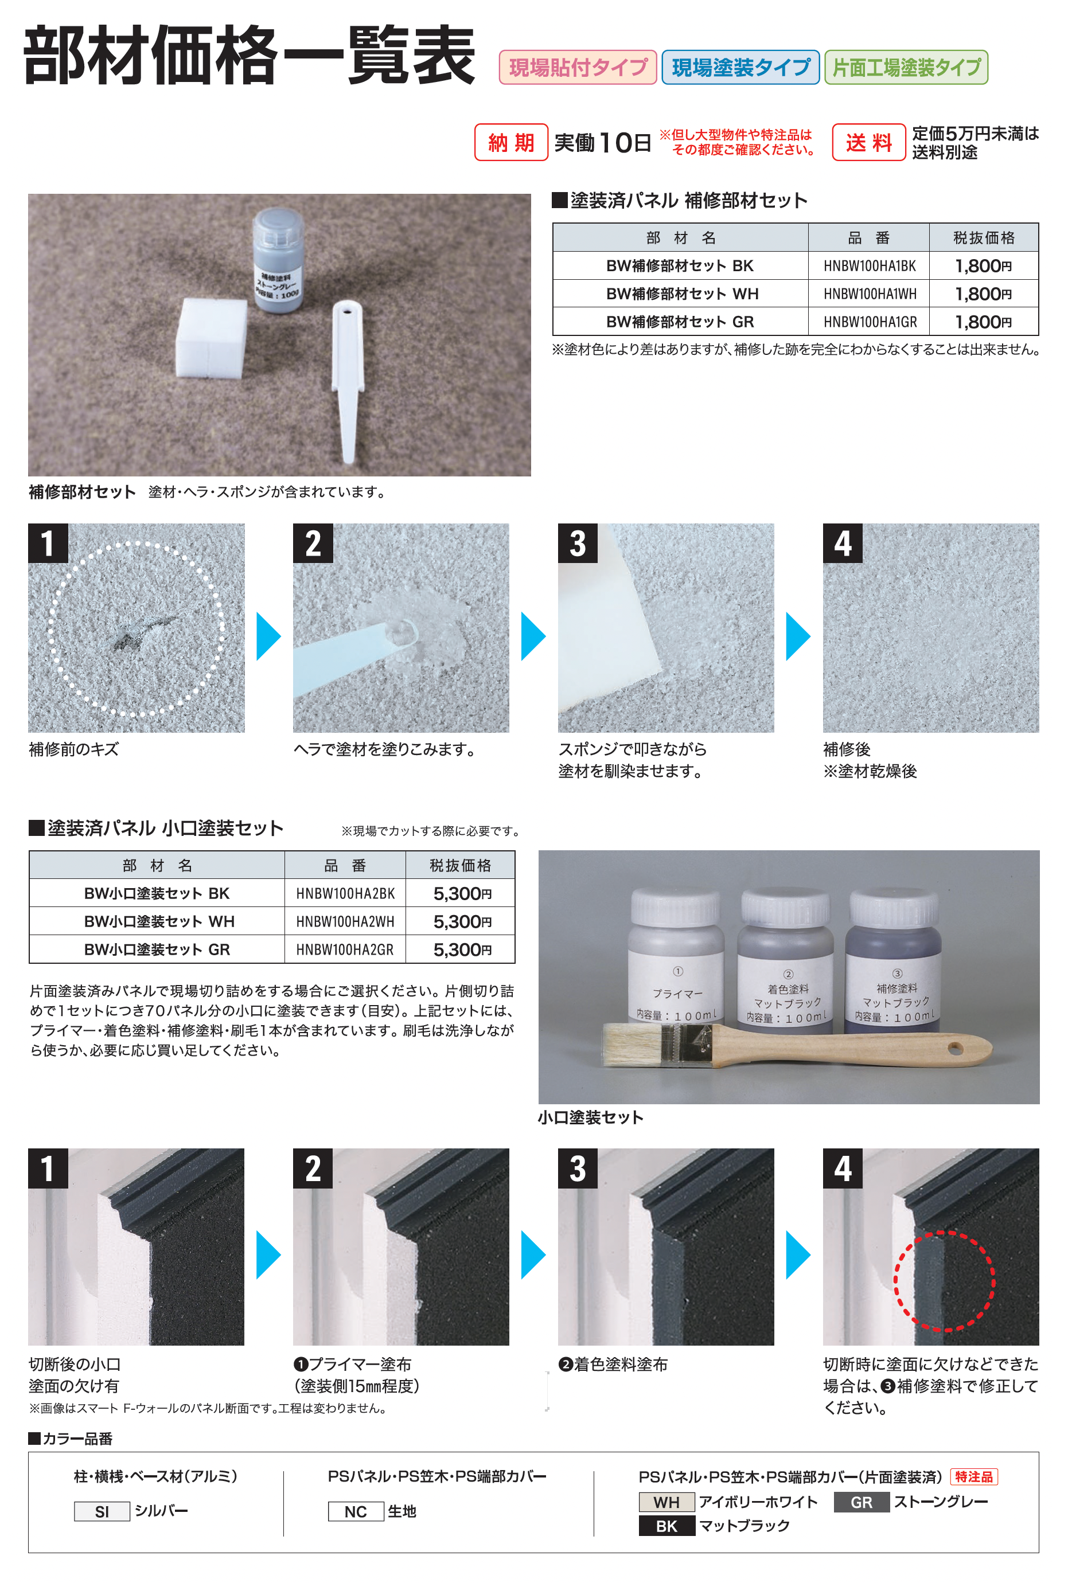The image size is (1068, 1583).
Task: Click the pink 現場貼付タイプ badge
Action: point(578,67)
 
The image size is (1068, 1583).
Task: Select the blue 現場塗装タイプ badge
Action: point(740,67)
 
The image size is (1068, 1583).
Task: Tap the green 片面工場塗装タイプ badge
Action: point(906,67)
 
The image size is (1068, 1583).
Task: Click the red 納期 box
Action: point(511,142)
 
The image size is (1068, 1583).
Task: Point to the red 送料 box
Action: point(868,142)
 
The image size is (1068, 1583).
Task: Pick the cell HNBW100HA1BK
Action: point(869,265)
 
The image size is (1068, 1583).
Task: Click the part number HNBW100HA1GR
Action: point(869,322)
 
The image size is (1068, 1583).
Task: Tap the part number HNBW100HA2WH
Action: point(345,921)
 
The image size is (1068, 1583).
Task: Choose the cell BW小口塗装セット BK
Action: point(157,893)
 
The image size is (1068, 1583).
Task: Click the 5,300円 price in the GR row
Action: point(462,949)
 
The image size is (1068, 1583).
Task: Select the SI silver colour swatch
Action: point(102,1511)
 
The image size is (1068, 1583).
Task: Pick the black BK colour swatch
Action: point(667,1526)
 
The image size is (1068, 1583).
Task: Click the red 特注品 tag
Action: point(973,1476)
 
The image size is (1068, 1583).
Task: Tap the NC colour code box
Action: point(356,1511)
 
